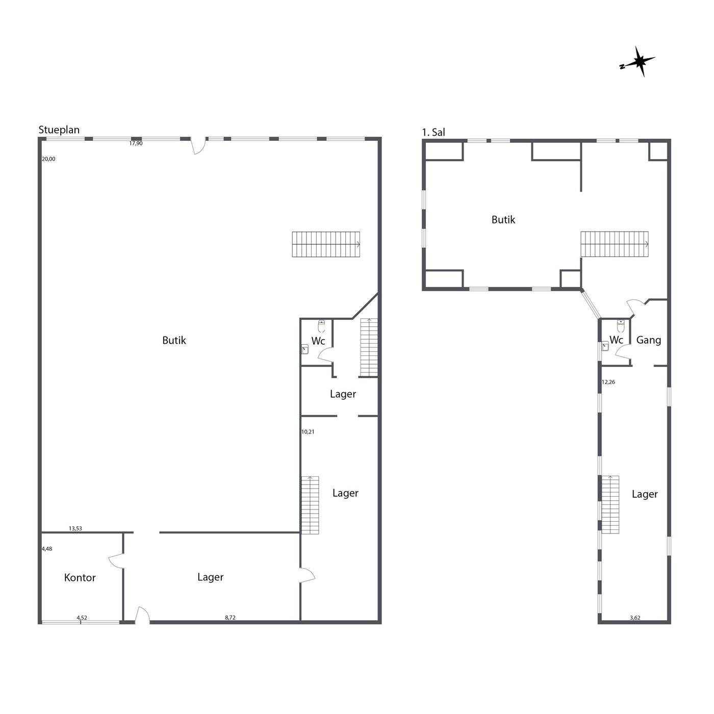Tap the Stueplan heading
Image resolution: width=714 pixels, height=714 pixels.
(x=59, y=130)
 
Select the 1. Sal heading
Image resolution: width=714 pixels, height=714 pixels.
(x=433, y=132)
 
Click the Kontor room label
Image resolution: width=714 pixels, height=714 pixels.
(x=80, y=577)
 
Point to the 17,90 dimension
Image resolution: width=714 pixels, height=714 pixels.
(x=136, y=143)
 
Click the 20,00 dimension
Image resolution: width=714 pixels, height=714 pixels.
(x=48, y=159)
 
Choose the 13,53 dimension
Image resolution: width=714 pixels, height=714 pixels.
(x=75, y=528)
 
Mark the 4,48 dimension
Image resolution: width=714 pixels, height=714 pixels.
(x=47, y=549)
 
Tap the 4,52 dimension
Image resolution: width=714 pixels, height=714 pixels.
(x=82, y=618)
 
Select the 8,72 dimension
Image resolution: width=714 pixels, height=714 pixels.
(x=230, y=617)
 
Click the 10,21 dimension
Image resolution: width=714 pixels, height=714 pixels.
(x=308, y=431)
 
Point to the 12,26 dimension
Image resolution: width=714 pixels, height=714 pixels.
(x=608, y=382)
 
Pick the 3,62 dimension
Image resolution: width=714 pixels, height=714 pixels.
(x=635, y=618)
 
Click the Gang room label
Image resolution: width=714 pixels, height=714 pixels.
(x=648, y=340)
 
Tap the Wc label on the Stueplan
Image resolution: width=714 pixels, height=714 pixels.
(x=318, y=341)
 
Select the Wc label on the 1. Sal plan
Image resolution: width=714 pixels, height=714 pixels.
(x=616, y=340)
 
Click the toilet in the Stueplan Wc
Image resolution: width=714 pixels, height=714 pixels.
(x=321, y=326)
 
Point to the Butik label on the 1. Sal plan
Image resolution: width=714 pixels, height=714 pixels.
(x=503, y=220)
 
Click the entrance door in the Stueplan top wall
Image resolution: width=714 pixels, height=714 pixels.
(x=198, y=146)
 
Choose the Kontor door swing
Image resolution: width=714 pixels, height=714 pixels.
(x=116, y=560)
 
